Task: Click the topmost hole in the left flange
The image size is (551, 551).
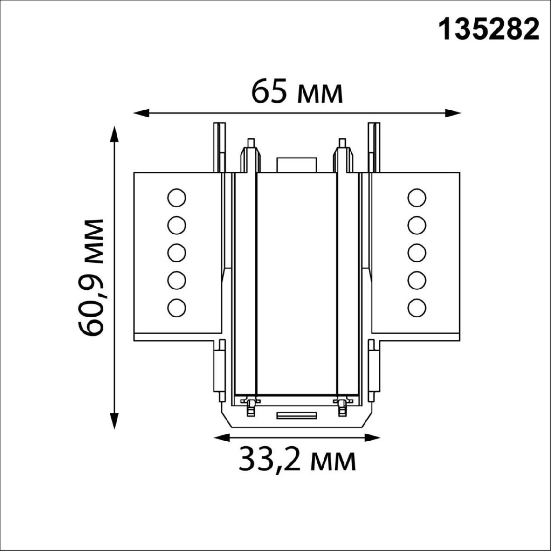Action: click(177, 198)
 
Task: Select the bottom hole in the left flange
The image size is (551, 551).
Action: click(177, 307)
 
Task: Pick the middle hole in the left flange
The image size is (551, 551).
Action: click(177, 253)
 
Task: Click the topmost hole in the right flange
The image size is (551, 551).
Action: click(416, 198)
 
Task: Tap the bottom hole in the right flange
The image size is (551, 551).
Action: click(416, 307)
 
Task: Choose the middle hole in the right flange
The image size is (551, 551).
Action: click(416, 253)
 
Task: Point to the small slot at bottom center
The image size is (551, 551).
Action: click(296, 416)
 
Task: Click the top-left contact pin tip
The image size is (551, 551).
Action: click(251, 142)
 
